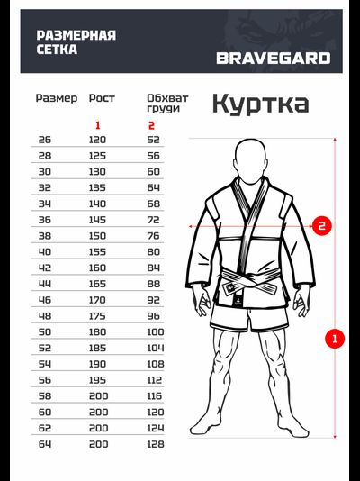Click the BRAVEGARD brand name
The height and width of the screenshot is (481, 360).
pyautogui.click(x=273, y=59)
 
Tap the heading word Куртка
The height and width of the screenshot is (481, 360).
pyautogui.click(x=260, y=104)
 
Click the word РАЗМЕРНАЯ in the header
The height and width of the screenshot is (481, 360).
pyautogui.click(x=76, y=35)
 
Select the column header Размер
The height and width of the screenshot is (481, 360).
pyautogui.click(x=57, y=97)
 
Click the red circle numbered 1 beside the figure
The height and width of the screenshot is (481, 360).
pyautogui.click(x=335, y=340)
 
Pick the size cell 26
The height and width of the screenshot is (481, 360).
pyautogui.click(x=45, y=140)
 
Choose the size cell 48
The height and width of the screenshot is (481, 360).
pyautogui.click(x=45, y=315)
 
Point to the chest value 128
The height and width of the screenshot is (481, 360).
pyautogui.click(x=156, y=443)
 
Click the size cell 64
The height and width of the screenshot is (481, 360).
pyautogui.click(x=45, y=443)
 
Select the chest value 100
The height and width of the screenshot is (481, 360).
pyautogui.click(x=156, y=331)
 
